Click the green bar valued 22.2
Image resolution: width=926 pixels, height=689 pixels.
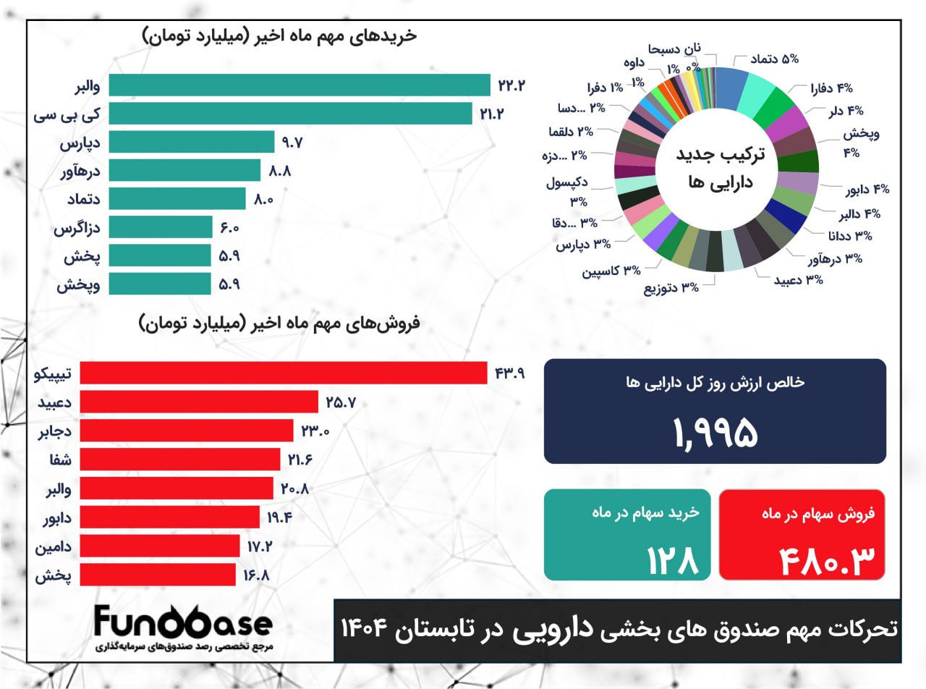299,85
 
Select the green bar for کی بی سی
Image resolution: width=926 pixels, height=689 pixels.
290,114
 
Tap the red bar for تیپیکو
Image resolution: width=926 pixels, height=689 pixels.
283,373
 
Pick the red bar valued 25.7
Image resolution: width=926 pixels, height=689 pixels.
199,402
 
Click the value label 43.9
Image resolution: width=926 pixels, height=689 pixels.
509,373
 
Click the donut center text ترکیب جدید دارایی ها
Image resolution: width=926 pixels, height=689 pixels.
715,169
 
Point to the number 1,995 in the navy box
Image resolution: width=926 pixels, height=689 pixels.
715,432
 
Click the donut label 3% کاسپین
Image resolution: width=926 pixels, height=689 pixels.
612,271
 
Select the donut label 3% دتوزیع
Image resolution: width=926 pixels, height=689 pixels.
671,287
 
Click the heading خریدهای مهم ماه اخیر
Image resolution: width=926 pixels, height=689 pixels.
279,36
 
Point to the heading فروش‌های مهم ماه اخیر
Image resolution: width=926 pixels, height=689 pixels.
279,324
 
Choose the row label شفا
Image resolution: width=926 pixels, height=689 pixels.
59,460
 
